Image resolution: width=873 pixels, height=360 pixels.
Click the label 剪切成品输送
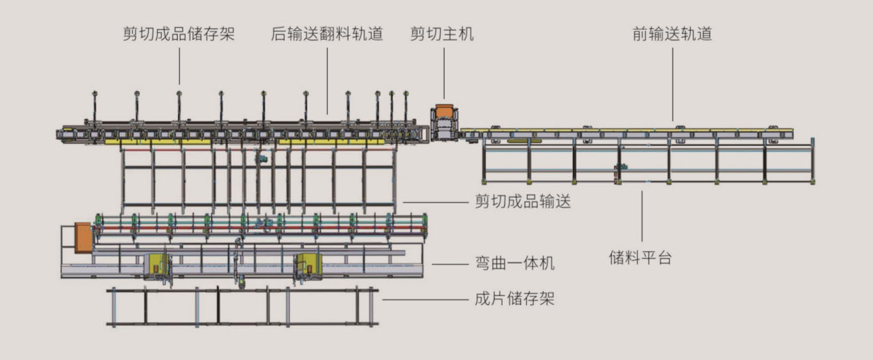(x=522, y=201)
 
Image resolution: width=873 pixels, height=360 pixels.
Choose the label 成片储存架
(x=515, y=299)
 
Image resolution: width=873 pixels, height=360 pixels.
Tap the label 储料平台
(x=641, y=258)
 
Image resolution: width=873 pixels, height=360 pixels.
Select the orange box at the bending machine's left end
(x=83, y=237)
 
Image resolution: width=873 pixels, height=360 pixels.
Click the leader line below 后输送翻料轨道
(x=327, y=80)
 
